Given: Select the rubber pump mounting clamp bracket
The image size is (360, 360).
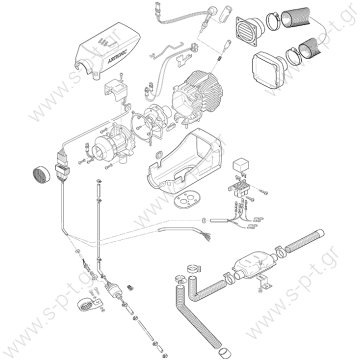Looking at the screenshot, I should click(89, 304).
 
